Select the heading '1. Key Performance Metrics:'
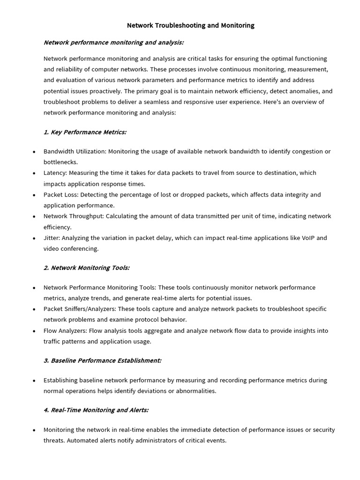pyautogui.click(x=85, y=132)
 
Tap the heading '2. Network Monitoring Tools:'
pyautogui.click(x=86, y=268)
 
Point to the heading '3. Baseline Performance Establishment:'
pyautogui.click(x=102, y=360)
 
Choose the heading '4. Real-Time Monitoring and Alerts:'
pyautogui.click(x=96, y=410)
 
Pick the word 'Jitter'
pyautogui.click(x=52, y=238)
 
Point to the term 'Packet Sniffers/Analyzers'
pyautogui.click(x=79, y=309)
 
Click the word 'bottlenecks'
pyautogui.click(x=60, y=162)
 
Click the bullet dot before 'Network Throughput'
pyautogui.click(x=34, y=217)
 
